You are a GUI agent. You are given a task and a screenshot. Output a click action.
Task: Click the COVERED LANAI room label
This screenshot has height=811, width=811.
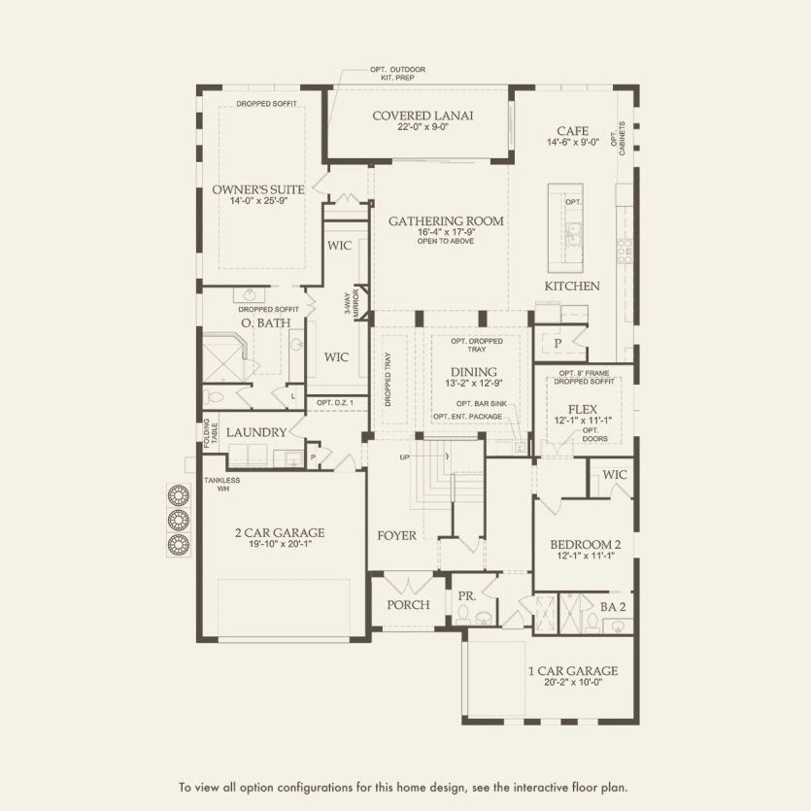coord(422,116)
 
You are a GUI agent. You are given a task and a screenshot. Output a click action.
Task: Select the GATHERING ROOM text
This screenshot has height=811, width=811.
coord(446,221)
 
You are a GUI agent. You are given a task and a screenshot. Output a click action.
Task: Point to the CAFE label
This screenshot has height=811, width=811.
coord(573,130)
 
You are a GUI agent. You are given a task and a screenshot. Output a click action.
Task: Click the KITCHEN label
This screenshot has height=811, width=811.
coord(571,287)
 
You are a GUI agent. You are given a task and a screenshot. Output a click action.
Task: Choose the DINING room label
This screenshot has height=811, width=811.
coord(473,372)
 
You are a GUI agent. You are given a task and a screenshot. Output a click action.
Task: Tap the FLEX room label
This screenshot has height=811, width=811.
coord(584,409)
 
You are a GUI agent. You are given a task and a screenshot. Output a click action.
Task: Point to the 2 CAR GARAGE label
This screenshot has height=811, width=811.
coord(279,532)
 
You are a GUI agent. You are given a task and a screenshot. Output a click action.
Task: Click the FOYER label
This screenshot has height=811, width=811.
coord(397,535)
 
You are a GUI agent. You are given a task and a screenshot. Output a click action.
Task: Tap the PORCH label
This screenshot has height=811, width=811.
coord(408,604)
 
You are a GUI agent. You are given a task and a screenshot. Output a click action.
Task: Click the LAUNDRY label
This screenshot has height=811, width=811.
coord(255,432)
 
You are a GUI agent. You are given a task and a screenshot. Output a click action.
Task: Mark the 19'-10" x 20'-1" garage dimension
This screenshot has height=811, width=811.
coord(279,545)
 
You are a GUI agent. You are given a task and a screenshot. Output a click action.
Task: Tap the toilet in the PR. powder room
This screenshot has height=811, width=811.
coord(463,613)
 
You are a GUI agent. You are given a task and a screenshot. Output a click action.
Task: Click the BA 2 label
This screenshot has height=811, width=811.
coord(613,605)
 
